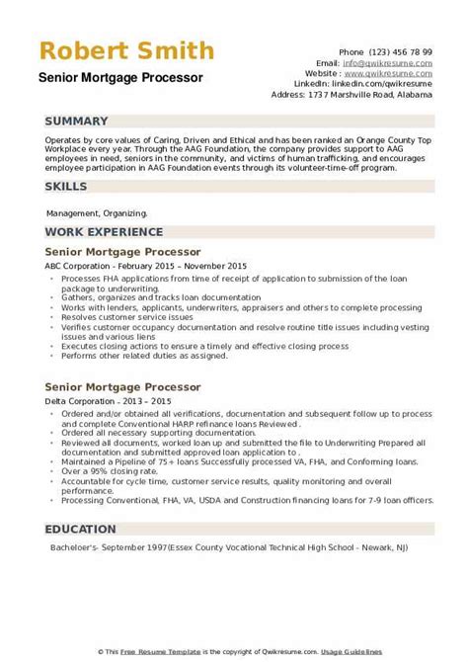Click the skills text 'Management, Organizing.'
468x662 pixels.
pyautogui.click(x=97, y=212)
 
